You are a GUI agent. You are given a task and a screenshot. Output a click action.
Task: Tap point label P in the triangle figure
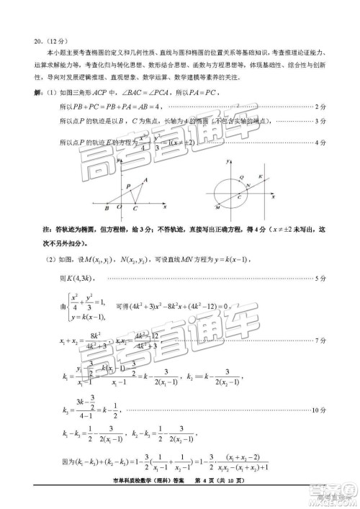(x=127, y=186)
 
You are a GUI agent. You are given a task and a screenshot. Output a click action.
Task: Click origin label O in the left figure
(x=120, y=209)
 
